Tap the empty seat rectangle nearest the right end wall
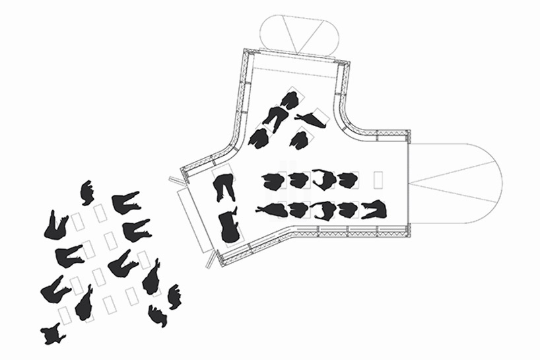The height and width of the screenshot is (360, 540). coord(378,179)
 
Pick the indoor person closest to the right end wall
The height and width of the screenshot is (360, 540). coord(373,209)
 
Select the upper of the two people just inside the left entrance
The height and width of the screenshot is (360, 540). coord(224,186)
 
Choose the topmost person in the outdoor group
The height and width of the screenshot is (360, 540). coord(87,193)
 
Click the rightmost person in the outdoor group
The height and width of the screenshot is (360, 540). coord(175,297)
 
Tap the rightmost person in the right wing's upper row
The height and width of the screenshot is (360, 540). coord(346,180)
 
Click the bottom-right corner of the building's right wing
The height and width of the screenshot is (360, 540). coord(411,238)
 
